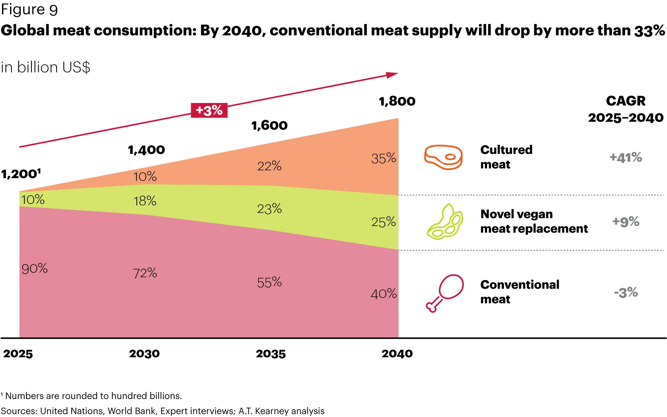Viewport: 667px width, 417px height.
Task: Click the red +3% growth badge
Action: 209,110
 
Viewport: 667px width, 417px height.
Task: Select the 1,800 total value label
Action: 397,101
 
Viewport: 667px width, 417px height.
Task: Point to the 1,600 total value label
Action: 269,126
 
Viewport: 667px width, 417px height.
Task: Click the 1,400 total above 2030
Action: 146,150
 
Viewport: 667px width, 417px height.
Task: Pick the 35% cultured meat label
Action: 384,159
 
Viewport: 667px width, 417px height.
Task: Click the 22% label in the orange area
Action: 269,166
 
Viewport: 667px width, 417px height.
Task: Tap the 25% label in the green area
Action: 384,222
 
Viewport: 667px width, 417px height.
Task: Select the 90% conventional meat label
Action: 35,268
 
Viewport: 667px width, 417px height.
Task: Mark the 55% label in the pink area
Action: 269,282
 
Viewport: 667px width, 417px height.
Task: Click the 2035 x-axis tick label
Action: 270,354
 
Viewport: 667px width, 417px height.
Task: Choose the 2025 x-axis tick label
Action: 18,354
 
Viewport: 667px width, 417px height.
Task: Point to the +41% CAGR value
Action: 626,157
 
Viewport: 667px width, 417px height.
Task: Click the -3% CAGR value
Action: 626,293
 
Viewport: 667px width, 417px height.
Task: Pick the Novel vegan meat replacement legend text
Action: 534,221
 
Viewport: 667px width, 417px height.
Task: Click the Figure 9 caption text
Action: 29,10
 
